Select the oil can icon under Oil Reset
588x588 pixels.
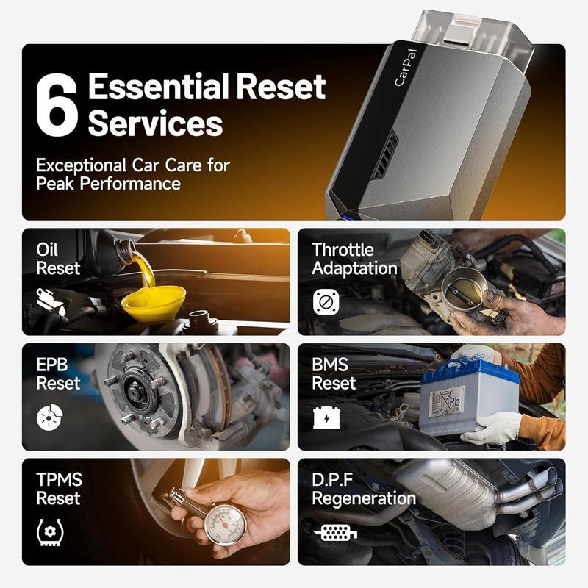[49, 301]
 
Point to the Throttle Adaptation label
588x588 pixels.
[354, 259]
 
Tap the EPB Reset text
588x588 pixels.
[58, 373]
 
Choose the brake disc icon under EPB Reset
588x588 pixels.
[49, 417]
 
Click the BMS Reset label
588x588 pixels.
[334, 373]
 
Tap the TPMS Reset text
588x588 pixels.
[60, 489]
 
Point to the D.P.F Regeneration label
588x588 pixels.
[363, 489]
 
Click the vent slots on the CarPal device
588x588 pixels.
[384, 155]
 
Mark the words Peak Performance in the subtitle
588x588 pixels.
[108, 183]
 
